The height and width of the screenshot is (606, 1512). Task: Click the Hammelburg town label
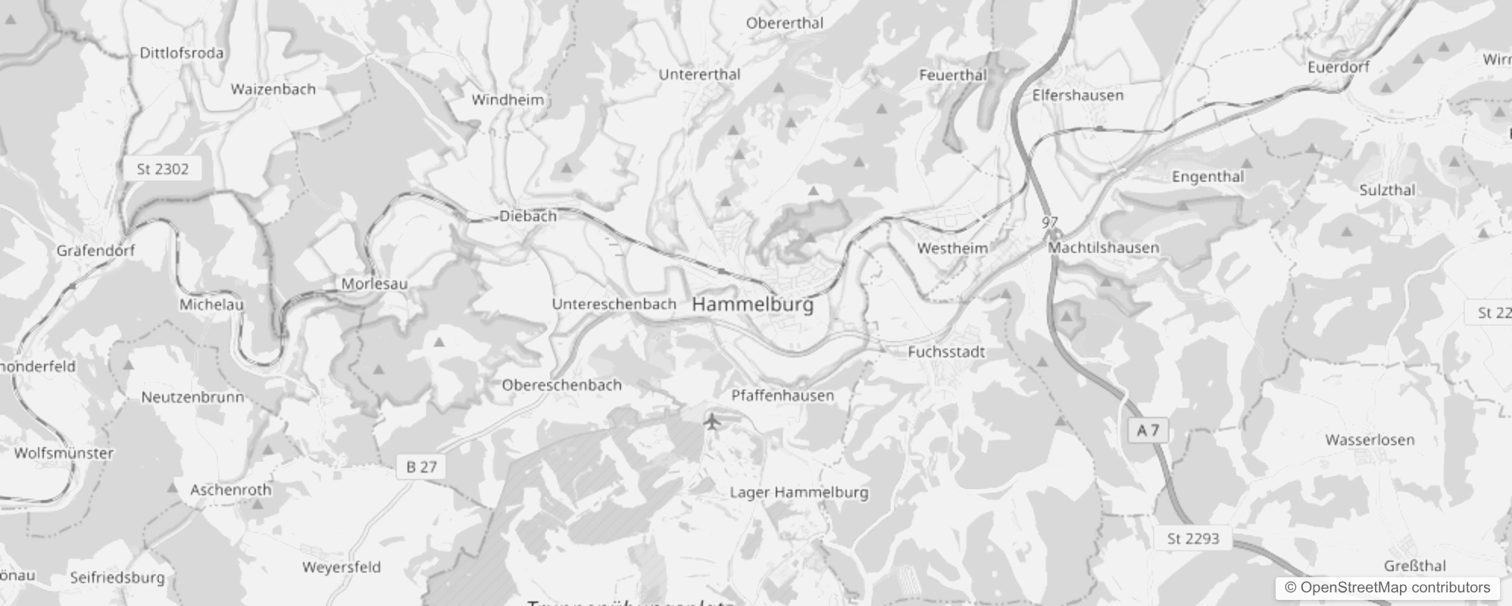pos(752,305)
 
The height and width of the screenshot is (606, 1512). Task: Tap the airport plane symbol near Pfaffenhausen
pos(712,420)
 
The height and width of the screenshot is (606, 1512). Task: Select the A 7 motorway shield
pos(1148,430)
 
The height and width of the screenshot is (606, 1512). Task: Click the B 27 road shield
pos(421,467)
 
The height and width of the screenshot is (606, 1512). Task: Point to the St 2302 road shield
pos(162,169)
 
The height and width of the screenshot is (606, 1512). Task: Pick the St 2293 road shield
pos(1192,539)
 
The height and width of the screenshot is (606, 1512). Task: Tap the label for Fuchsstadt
pos(946,352)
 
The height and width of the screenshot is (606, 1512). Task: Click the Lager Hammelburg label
pos(798,492)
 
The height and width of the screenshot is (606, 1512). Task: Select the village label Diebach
pos(528,217)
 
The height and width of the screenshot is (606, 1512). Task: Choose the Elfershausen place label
pos(1077,95)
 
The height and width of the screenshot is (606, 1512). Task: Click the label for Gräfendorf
pos(95,251)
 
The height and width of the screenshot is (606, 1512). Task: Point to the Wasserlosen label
pos(1370,440)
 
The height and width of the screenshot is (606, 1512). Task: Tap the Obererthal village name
pos(784,23)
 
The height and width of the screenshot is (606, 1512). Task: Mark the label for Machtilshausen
pos(1103,248)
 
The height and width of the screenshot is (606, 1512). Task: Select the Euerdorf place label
pos(1338,67)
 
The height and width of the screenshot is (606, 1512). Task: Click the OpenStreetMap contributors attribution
pos(1387,588)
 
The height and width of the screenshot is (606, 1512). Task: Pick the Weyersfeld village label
pos(341,567)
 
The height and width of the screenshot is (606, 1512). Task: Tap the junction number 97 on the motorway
pos(1049,223)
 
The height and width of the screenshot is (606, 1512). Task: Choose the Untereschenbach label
pos(614,305)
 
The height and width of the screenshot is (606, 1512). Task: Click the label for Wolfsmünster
pos(64,454)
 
